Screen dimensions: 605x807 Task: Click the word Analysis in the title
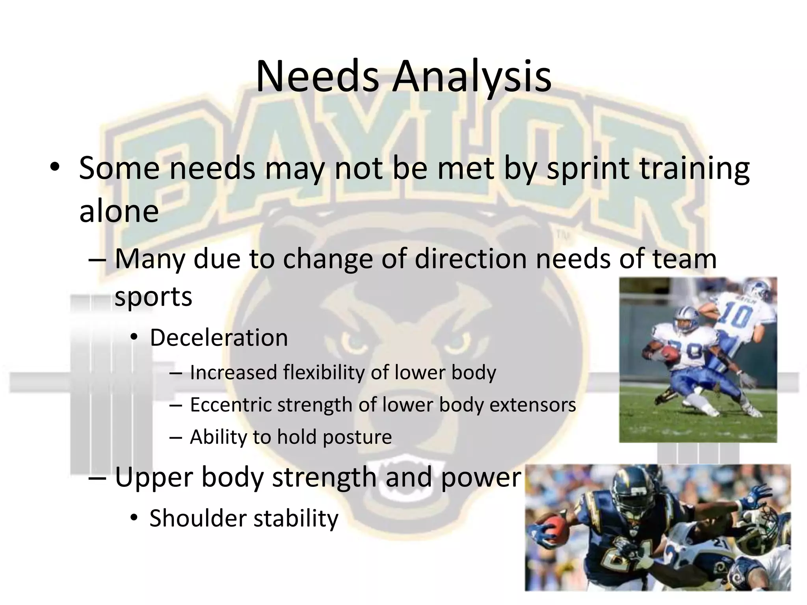pyautogui.click(x=471, y=77)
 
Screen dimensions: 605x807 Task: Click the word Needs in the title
pyautogui.click(x=318, y=77)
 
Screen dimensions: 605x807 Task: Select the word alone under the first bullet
pyautogui.click(x=119, y=211)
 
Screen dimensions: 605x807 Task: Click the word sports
pyautogui.click(x=153, y=297)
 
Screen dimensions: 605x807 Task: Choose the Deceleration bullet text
pyautogui.click(x=219, y=338)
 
